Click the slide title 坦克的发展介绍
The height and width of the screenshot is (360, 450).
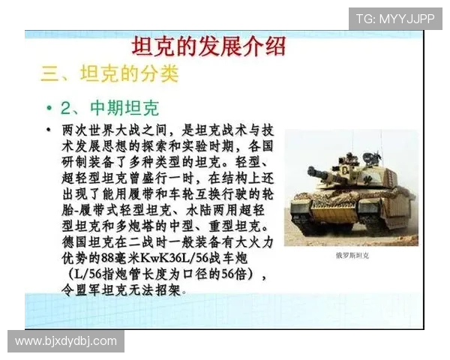coord(208,46)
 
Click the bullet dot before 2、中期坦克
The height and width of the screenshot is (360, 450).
coord(49,107)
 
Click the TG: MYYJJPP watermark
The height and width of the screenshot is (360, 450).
coord(394,18)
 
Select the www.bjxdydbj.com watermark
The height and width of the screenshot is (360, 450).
coord(66,341)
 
